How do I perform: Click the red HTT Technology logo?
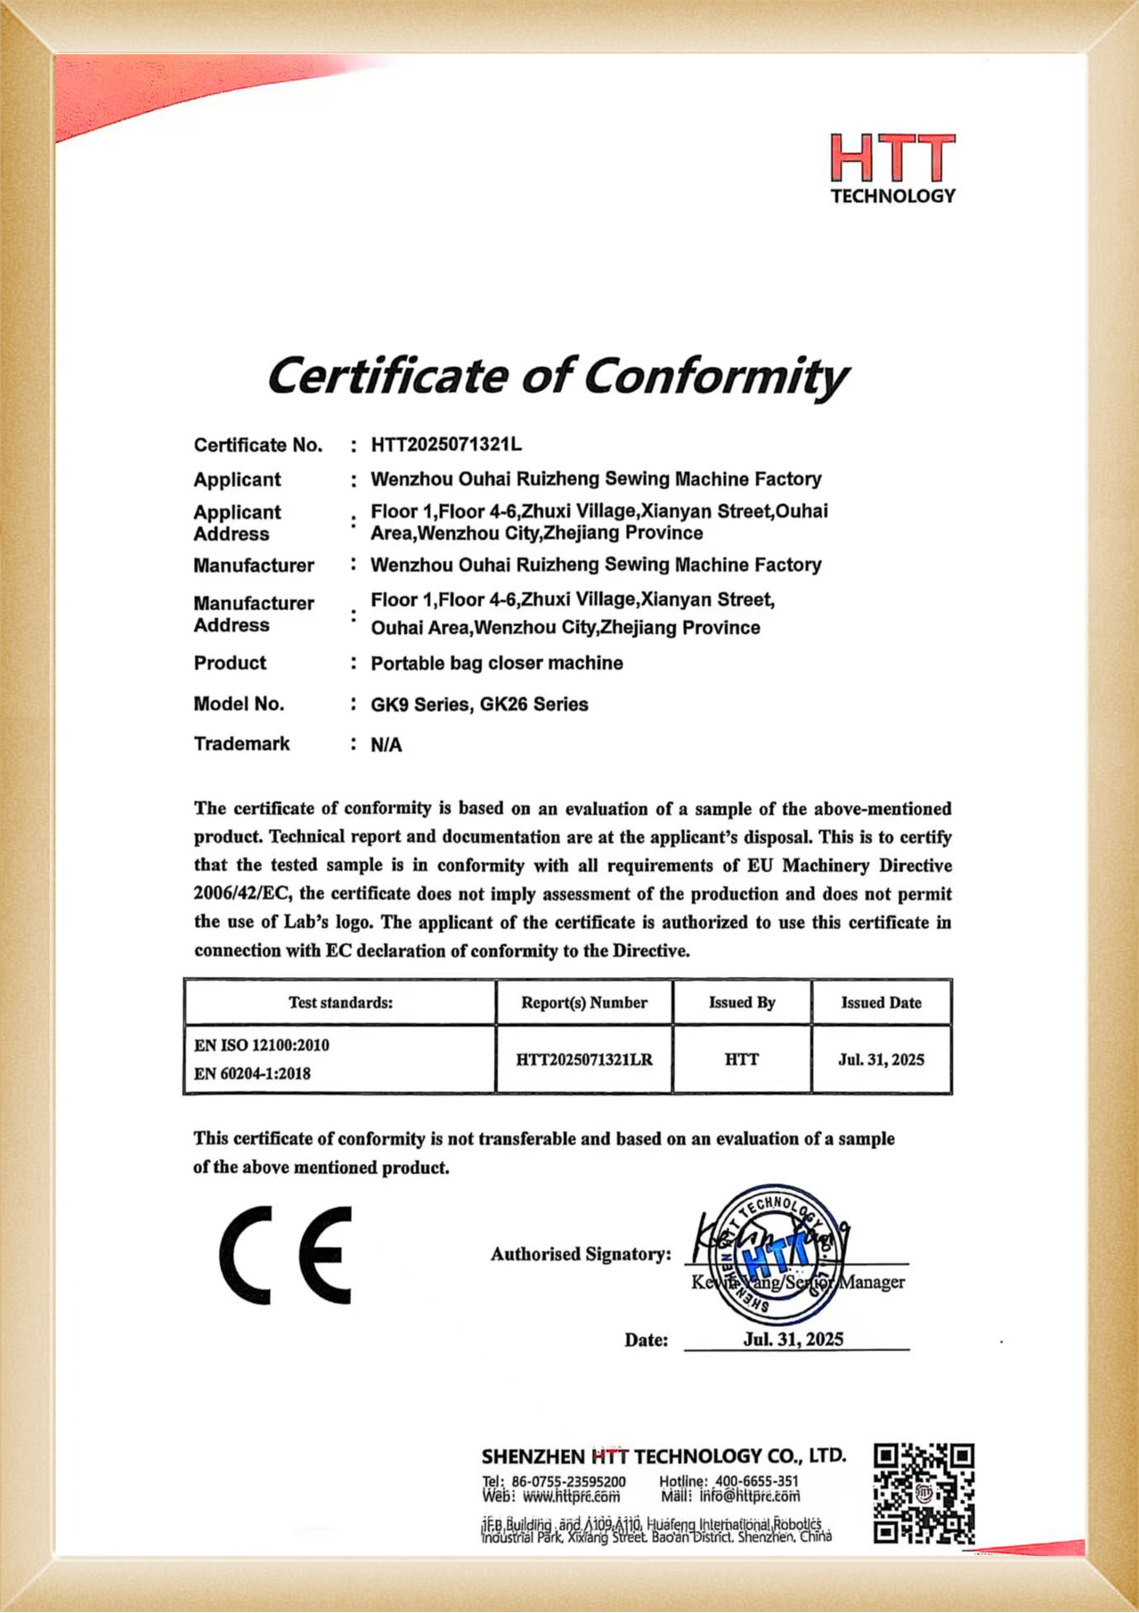891,168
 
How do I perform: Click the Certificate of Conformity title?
557,376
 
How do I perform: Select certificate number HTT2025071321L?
446,444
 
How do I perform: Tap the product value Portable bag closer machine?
496,663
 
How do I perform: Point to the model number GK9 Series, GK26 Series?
479,705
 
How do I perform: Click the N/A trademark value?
386,745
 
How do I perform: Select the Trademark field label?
241,744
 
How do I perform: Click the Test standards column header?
340,1003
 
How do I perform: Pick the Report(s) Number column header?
583,1003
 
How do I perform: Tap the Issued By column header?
742,1003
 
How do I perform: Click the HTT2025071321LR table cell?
583,1060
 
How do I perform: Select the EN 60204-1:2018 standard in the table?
252,1074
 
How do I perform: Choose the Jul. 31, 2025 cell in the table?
881,1060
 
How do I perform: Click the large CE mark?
286,1256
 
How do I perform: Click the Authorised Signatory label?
581,1254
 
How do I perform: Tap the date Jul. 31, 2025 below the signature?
793,1340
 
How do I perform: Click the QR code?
923,1494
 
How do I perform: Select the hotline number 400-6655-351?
756,1480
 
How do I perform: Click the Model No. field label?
239,704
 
